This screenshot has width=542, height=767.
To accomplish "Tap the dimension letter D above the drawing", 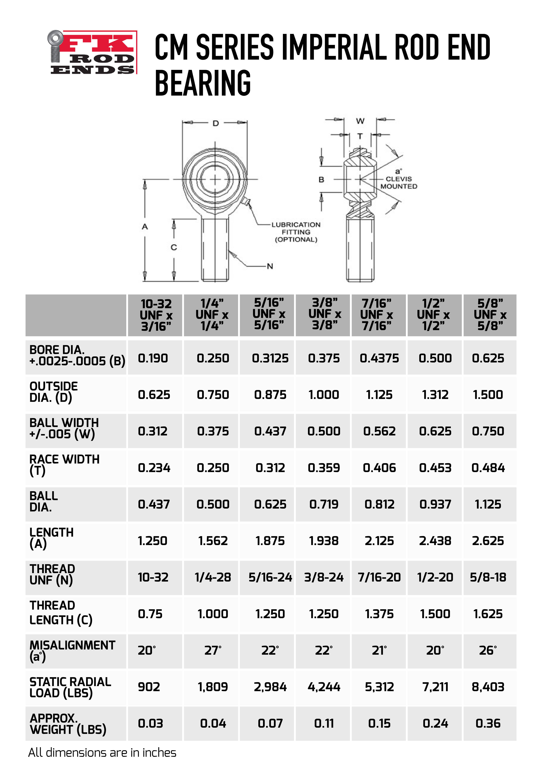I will tap(215, 123).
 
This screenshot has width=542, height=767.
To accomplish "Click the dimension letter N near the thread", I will tap(270, 266).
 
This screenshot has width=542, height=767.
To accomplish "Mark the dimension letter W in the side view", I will tap(360, 121).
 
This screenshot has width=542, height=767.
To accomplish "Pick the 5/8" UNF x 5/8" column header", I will tap(490, 315).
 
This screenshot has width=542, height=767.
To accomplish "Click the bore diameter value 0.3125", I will tap(270, 358).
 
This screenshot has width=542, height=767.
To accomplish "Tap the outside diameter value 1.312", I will tap(435, 395).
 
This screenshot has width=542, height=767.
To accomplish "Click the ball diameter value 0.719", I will tap(324, 504).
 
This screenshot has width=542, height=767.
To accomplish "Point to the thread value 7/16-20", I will tap(379, 577).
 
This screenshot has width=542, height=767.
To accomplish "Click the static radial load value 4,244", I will tap(324, 687).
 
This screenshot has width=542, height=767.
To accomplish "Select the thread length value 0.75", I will tap(150, 614).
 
